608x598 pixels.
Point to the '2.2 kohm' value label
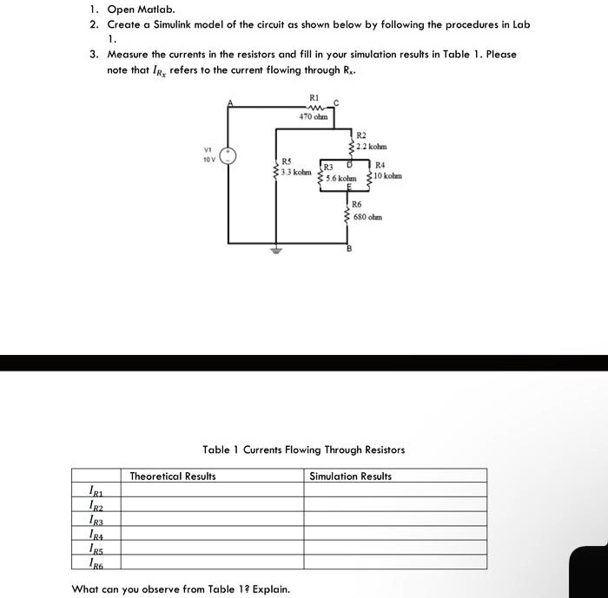click(x=372, y=146)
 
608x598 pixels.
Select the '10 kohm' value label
click(x=387, y=178)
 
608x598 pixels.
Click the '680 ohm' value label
click(x=368, y=216)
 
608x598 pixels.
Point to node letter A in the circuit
click(x=230, y=102)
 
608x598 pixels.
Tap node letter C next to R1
click(x=336, y=102)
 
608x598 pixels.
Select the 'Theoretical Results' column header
click(x=173, y=476)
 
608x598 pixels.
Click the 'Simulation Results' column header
click(x=350, y=476)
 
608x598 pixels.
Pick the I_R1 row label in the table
click(x=98, y=490)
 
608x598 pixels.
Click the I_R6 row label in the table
click(x=98, y=562)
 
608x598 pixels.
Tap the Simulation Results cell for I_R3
click(x=394, y=519)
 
